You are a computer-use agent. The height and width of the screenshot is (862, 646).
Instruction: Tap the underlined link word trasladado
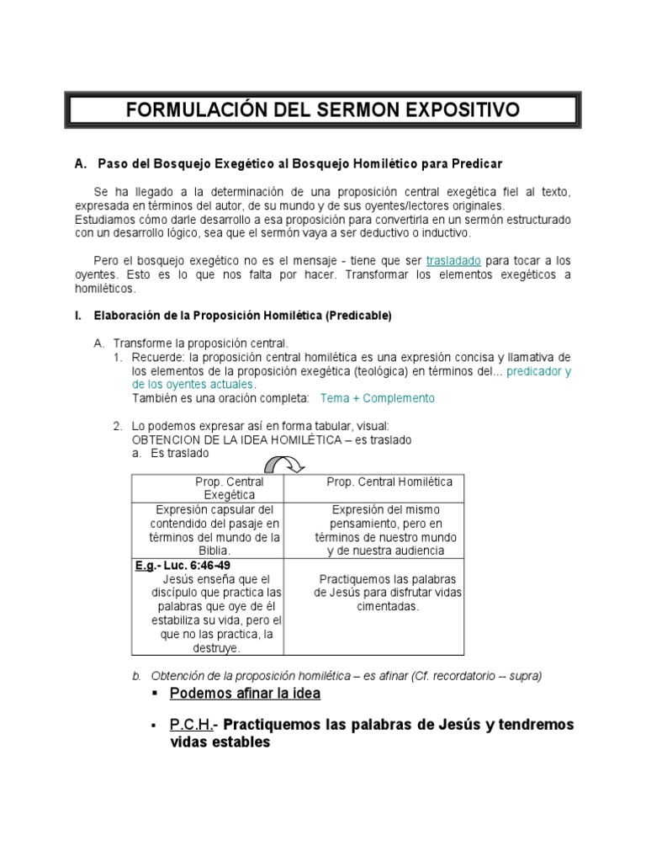click(x=453, y=261)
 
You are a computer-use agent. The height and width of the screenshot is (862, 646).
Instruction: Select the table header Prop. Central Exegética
click(x=229, y=488)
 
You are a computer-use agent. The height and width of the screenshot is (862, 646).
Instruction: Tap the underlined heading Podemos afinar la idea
click(x=245, y=694)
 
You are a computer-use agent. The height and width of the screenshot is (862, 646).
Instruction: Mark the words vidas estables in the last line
click(x=220, y=743)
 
